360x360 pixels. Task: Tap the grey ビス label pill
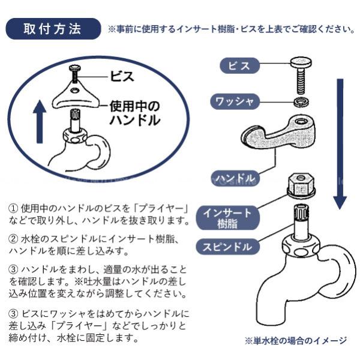click(239, 65)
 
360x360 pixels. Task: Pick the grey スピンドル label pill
click(227, 246)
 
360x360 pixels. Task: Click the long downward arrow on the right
click(339, 144)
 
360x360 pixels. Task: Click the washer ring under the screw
click(300, 101)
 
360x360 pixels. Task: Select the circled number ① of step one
click(13, 209)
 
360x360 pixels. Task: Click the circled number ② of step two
click(13, 238)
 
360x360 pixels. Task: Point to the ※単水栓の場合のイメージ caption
click(295, 341)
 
